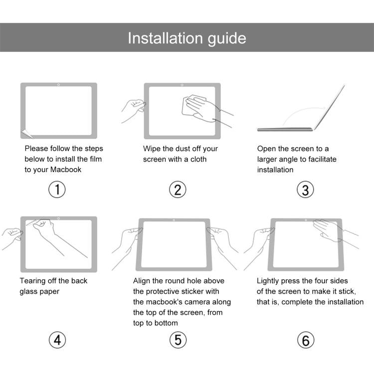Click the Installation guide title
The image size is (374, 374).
pyautogui.click(x=187, y=38)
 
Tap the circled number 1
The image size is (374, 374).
pyautogui.click(x=57, y=189)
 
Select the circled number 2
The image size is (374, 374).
pyautogui.click(x=178, y=189)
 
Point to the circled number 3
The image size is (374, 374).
pyautogui.click(x=306, y=189)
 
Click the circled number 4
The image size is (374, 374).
pyautogui.click(x=57, y=340)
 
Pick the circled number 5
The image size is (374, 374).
pyautogui.click(x=178, y=340)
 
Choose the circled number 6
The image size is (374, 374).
pyautogui.click(x=306, y=340)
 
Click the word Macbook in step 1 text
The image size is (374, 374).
pyautogui.click(x=66, y=170)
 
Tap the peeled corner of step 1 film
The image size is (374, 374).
pyautogui.click(x=25, y=133)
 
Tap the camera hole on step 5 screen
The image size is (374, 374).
pyautogui.click(x=173, y=220)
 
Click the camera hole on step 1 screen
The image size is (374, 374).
pyautogui.click(x=59, y=85)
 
